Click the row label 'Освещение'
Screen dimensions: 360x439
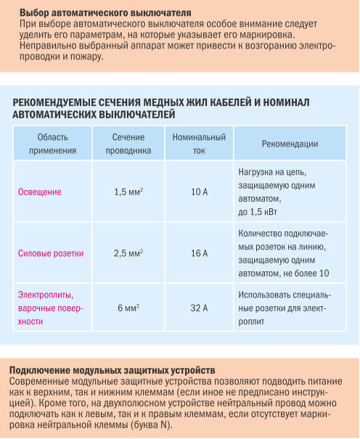click(39, 192)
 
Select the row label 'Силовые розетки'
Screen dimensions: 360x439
click(50, 253)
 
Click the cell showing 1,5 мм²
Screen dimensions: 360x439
click(128, 192)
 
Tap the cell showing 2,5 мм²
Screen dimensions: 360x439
click(128, 253)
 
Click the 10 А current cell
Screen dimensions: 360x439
click(199, 192)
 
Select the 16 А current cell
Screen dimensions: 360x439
click(199, 253)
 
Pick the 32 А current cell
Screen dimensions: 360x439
click(199, 308)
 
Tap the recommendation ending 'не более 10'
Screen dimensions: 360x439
click(283, 253)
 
